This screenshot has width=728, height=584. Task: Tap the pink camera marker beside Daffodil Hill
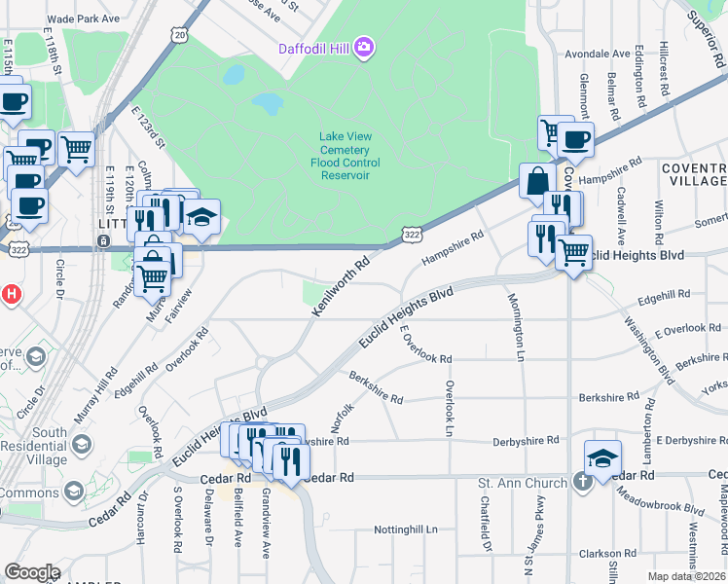(364, 47)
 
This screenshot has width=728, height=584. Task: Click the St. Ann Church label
(524, 483)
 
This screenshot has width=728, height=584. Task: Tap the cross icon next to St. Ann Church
(581, 482)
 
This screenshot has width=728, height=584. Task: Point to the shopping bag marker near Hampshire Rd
(536, 180)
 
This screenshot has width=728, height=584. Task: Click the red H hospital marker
(12, 293)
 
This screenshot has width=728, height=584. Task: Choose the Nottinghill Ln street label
(406, 530)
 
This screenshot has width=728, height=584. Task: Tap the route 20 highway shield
(179, 35)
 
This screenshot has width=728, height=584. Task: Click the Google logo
(32, 572)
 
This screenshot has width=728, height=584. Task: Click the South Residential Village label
(35, 445)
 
